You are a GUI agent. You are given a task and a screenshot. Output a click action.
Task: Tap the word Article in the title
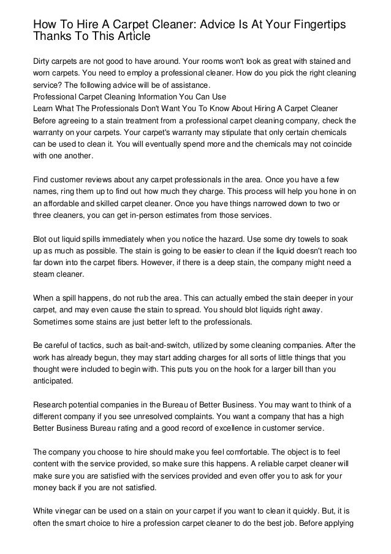[127, 36]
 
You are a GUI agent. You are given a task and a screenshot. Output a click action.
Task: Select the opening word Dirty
[43, 61]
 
